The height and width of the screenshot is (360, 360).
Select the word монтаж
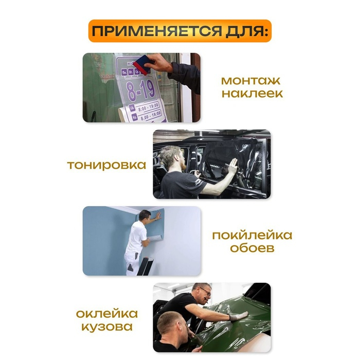click(252, 81)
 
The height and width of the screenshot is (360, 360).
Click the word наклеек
click(252, 94)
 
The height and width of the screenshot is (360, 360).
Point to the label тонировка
click(106, 165)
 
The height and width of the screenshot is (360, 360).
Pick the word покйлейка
click(252, 236)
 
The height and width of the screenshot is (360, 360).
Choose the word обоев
click(252, 249)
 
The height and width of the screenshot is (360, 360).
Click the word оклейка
click(106, 314)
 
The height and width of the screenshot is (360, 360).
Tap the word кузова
click(106, 327)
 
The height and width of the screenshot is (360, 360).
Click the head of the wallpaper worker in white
click(145, 215)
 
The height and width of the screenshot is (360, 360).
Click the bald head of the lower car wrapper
click(170, 321)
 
